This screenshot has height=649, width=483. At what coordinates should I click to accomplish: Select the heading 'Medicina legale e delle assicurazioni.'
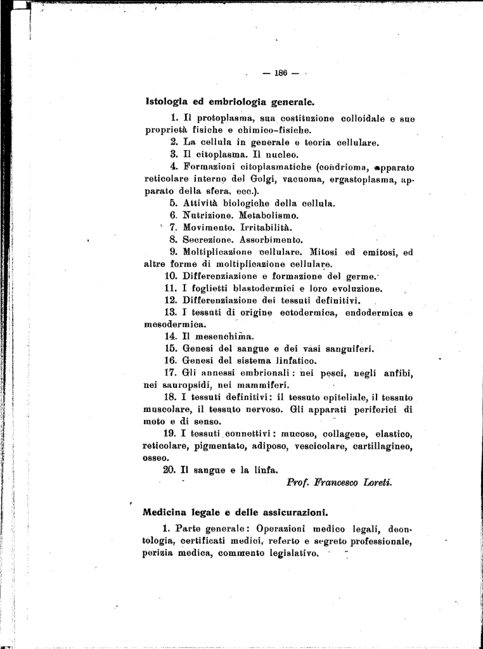pyautogui.click(x=235, y=511)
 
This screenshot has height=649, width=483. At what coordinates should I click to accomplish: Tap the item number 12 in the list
pyautogui.click(x=170, y=300)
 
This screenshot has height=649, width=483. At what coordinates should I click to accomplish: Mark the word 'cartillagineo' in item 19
pyautogui.click(x=382, y=446)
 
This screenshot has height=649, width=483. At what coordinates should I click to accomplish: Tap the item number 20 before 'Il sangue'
pyautogui.click(x=168, y=470)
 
